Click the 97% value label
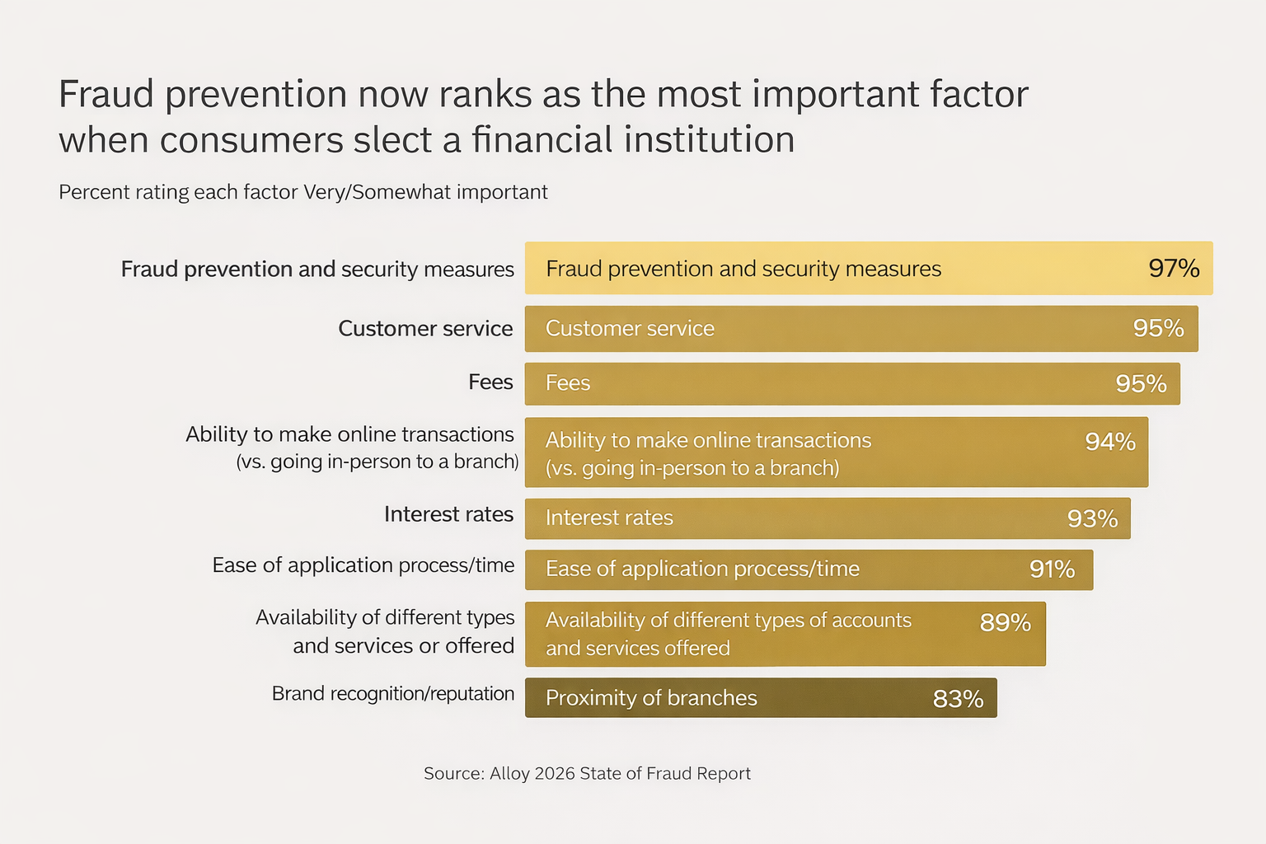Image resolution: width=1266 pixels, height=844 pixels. [x=1174, y=269]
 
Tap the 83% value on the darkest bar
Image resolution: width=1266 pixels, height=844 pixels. [x=958, y=699]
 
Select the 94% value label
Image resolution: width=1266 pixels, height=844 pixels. [x=1109, y=442]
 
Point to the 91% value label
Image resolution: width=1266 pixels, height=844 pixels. [x=1052, y=570]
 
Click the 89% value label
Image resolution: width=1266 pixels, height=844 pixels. [x=1005, y=622]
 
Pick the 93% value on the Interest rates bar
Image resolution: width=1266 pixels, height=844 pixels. [x=1092, y=518]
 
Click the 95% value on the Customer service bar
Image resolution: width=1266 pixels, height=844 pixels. [x=1158, y=328]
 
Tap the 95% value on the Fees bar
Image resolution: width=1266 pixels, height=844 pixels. [x=1141, y=383]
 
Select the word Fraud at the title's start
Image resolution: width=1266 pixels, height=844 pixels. [x=106, y=95]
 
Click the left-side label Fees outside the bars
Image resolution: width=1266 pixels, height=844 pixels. [x=490, y=382]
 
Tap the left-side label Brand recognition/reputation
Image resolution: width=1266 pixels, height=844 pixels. [x=392, y=694]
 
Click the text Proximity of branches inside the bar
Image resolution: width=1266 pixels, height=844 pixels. [x=651, y=698]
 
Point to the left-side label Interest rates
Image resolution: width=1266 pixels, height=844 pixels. [x=448, y=514]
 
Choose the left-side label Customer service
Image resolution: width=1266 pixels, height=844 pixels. [x=425, y=328]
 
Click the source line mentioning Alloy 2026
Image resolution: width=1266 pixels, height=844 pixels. [x=587, y=773]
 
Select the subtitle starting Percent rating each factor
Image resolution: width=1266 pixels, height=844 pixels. [x=303, y=192]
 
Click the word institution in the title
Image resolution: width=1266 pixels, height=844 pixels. [x=709, y=140]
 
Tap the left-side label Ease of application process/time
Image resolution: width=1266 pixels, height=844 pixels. [x=363, y=565]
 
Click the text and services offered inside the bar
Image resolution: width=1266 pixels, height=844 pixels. [x=637, y=649]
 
